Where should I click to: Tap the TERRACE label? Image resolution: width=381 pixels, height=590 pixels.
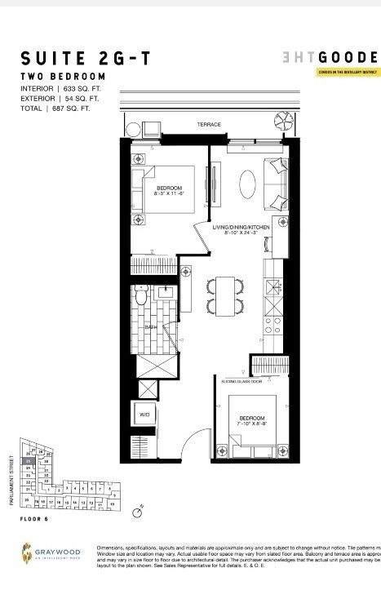[208, 125]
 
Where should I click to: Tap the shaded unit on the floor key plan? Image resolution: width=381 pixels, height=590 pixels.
[28, 462]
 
